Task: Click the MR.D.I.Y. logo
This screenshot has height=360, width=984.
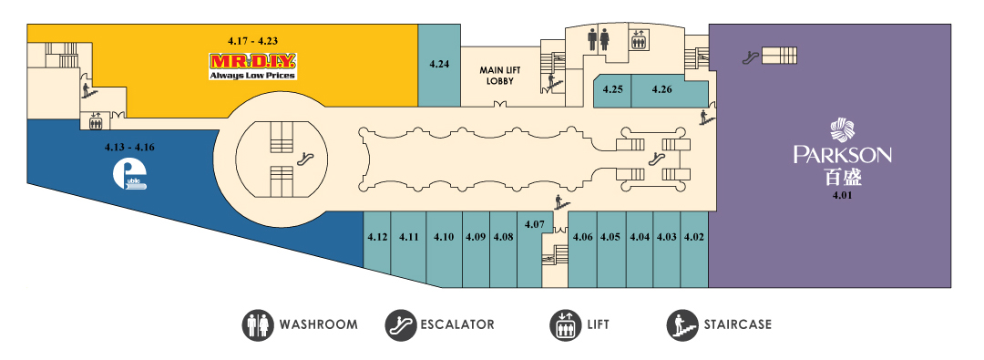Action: (x=253, y=66)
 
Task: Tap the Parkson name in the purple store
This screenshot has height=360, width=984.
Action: (x=843, y=155)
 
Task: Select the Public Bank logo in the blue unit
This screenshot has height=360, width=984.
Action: (x=130, y=176)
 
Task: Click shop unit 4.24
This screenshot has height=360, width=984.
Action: (x=439, y=65)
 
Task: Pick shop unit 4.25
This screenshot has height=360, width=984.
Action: (x=612, y=89)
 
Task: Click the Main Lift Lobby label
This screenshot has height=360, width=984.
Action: (x=497, y=75)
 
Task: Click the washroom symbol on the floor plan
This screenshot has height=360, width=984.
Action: (x=598, y=39)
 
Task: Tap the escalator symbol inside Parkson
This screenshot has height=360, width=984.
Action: (x=749, y=57)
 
